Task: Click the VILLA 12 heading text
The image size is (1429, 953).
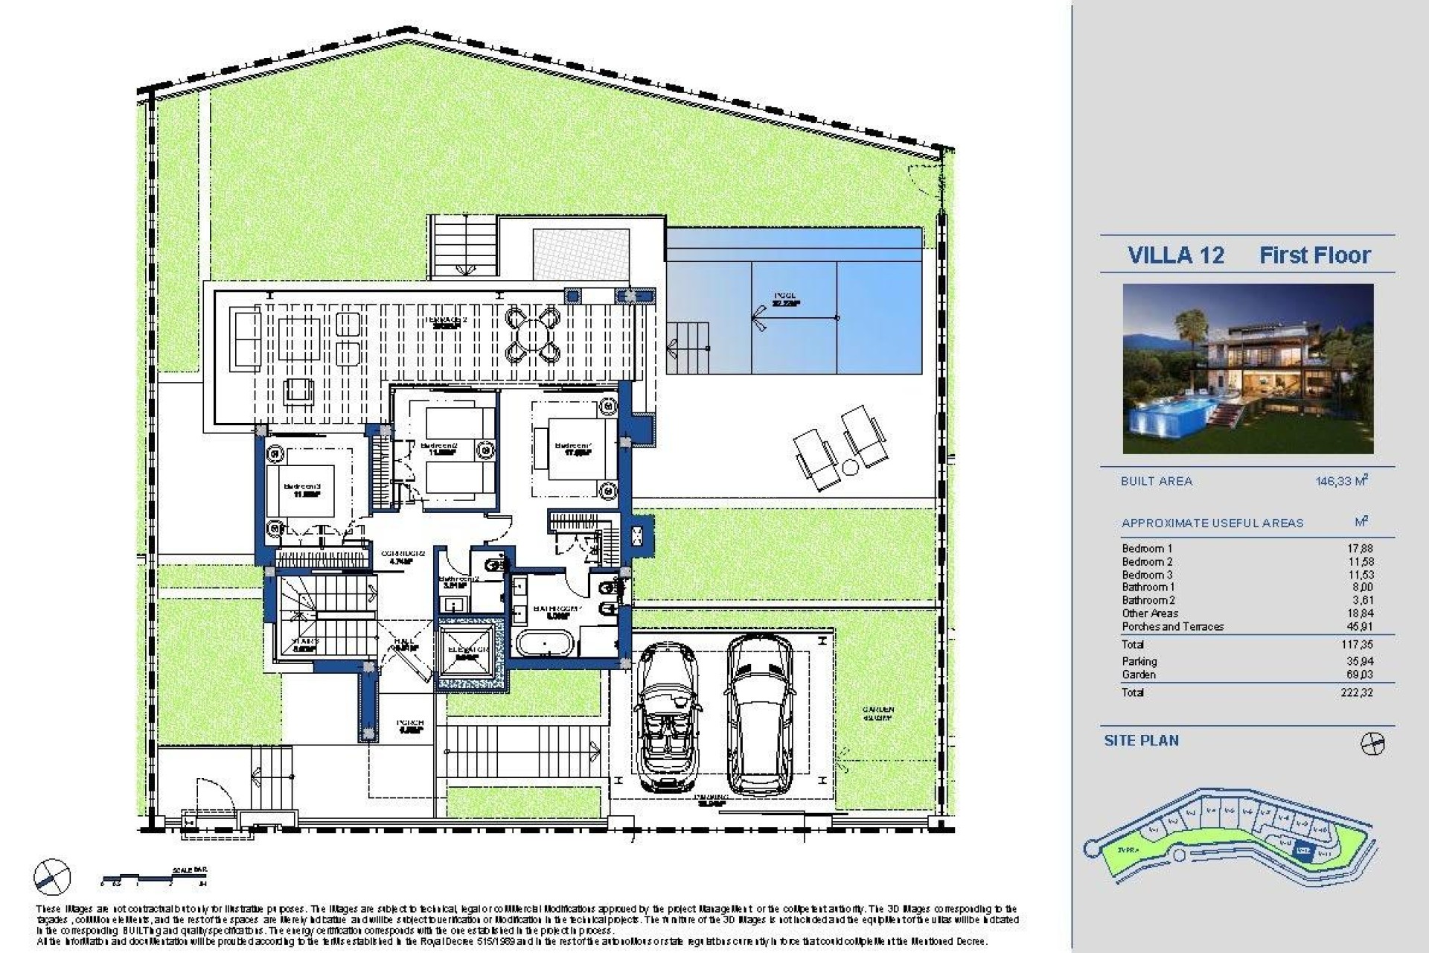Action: (1176, 255)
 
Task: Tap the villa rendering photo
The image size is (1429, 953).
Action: (1248, 369)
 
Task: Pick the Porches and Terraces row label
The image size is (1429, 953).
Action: (1172, 627)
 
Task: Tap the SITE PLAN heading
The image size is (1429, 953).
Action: (1141, 741)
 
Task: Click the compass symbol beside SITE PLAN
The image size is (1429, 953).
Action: (1372, 743)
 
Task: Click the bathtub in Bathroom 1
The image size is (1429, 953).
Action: (543, 643)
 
